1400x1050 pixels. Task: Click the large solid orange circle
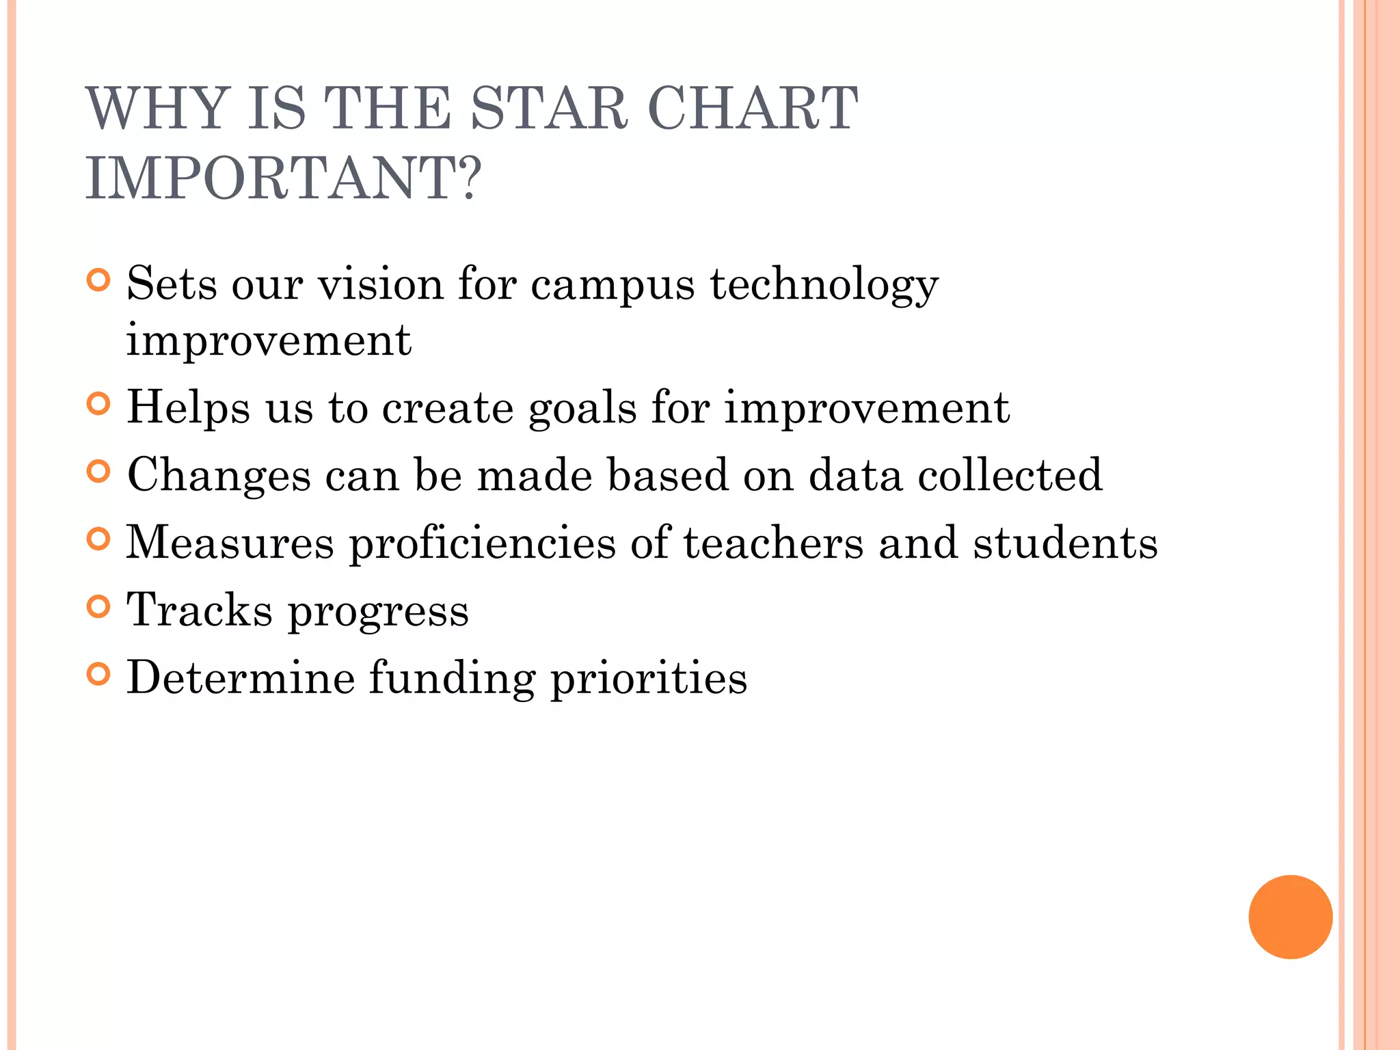(1290, 917)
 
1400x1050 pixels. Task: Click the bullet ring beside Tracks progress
(99, 606)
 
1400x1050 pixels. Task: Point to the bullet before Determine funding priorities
(99, 674)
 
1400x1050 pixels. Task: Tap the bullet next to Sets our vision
(99, 280)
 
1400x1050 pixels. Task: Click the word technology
(824, 285)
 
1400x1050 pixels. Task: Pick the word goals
(582, 409)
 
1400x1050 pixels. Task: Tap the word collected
(1010, 475)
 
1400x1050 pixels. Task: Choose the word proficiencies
(483, 544)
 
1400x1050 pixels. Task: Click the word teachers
(773, 543)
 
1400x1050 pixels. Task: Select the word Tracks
(200, 610)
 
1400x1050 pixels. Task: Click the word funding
(453, 678)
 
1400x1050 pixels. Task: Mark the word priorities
(649, 678)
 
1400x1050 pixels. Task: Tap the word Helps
(189, 409)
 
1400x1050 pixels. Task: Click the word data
(855, 475)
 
